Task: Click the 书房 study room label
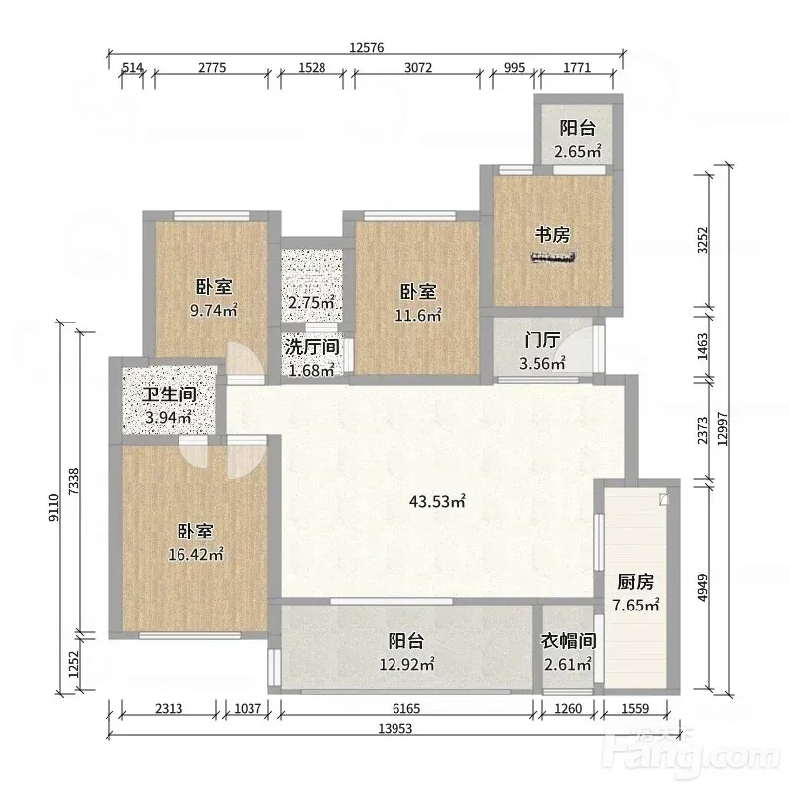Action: (x=552, y=235)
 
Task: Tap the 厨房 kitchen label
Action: (x=635, y=582)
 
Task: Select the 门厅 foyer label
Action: (x=541, y=340)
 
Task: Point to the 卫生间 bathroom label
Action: (x=169, y=394)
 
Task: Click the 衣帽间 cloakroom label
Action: (x=568, y=640)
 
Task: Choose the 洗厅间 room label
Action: (x=312, y=347)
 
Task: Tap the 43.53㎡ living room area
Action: (x=437, y=501)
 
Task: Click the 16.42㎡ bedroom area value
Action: (x=195, y=554)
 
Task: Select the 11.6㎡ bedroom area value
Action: (x=417, y=315)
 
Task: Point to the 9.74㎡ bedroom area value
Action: (x=213, y=310)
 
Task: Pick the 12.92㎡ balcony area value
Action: (x=406, y=664)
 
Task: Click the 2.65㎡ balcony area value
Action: (x=577, y=151)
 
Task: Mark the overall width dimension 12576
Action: (x=366, y=47)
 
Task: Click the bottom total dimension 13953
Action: (x=395, y=728)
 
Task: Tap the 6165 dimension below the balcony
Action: (x=406, y=708)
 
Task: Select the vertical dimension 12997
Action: (x=723, y=429)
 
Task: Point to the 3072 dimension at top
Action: (x=418, y=67)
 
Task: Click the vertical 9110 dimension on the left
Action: (x=54, y=507)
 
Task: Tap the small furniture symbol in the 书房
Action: (x=552, y=258)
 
